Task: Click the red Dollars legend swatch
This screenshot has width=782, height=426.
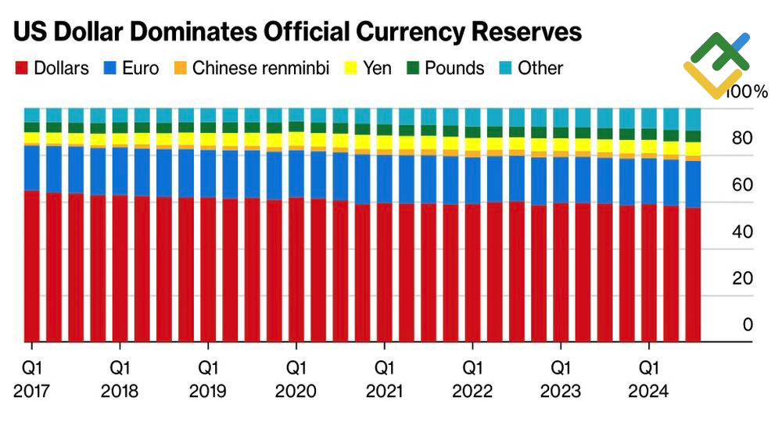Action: [x=21, y=69]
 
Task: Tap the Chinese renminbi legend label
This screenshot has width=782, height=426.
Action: [x=261, y=68]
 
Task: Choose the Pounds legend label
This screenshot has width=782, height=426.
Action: [x=455, y=68]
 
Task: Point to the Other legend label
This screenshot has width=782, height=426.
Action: [x=540, y=68]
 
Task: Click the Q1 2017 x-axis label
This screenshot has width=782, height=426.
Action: [x=32, y=378]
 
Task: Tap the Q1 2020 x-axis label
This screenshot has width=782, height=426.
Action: [x=296, y=378]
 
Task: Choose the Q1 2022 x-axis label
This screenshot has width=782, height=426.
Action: [x=472, y=378]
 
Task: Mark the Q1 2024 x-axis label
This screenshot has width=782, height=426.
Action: [x=648, y=378]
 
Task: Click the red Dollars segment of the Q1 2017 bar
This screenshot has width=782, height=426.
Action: [x=32, y=266]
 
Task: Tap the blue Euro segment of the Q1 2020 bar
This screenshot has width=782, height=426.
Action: [x=296, y=174]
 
